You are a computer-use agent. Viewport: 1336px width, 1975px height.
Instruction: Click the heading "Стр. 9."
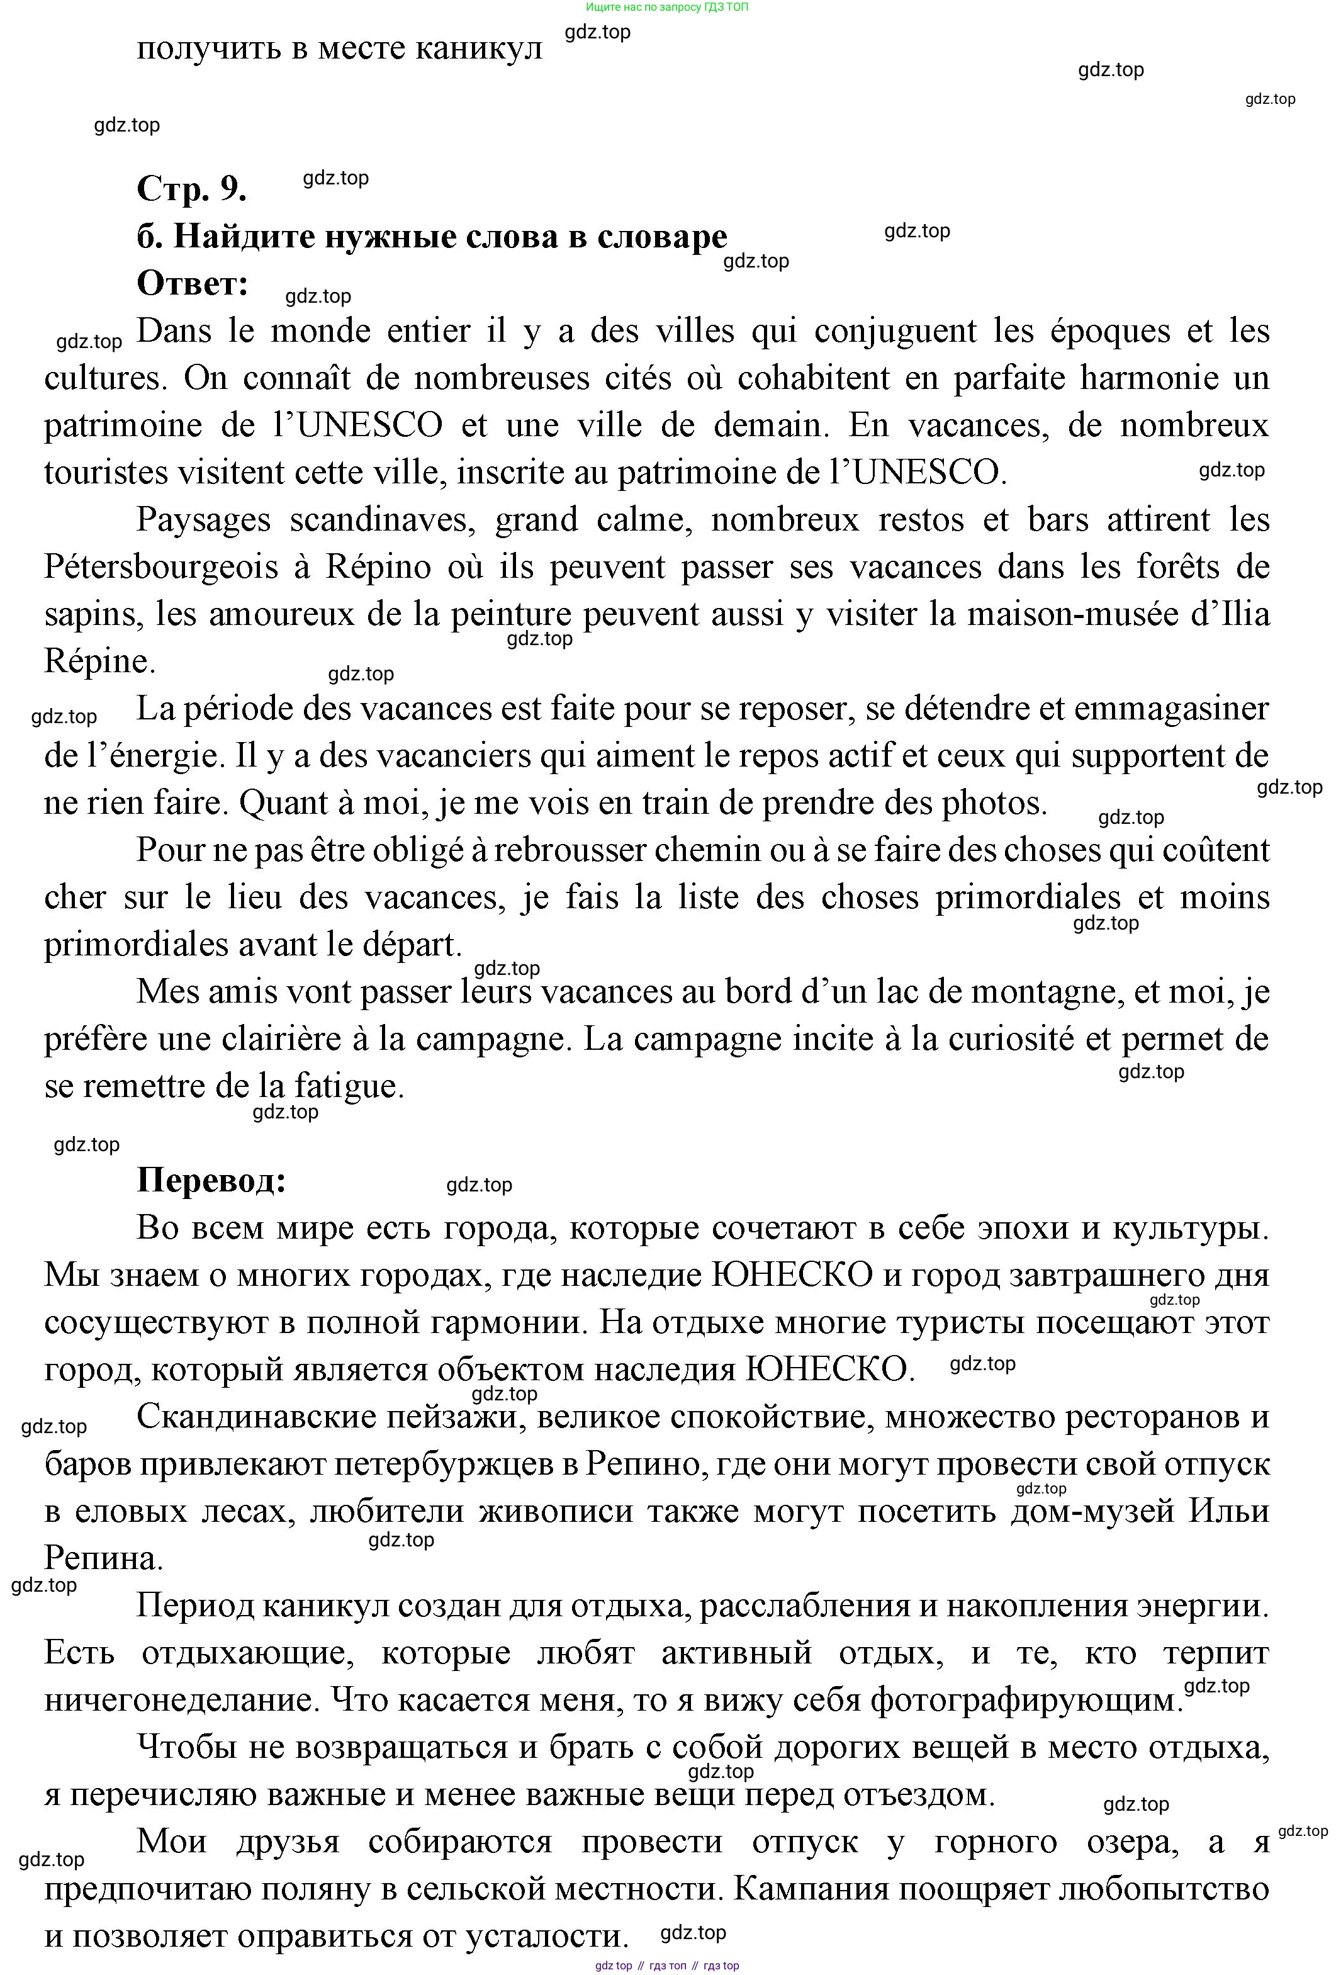191,189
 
